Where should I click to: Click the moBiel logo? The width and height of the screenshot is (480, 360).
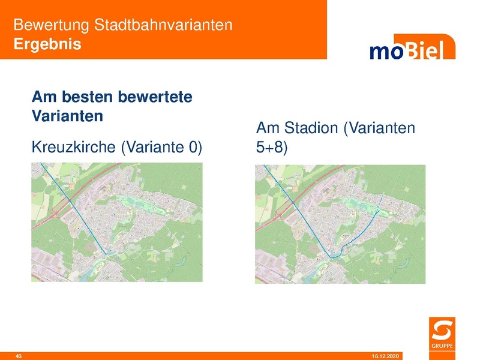pyautogui.click(x=412, y=50)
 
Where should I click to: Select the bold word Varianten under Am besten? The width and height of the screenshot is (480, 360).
pyautogui.click(x=67, y=115)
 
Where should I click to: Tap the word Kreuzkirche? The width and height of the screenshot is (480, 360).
pyautogui.click(x=74, y=147)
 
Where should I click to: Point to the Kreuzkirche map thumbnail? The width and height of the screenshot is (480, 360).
pyautogui.click(x=117, y=222)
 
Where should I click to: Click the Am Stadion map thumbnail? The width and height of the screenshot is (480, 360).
pyautogui.click(x=340, y=223)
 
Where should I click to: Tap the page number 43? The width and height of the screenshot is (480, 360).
pyautogui.click(x=19, y=356)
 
